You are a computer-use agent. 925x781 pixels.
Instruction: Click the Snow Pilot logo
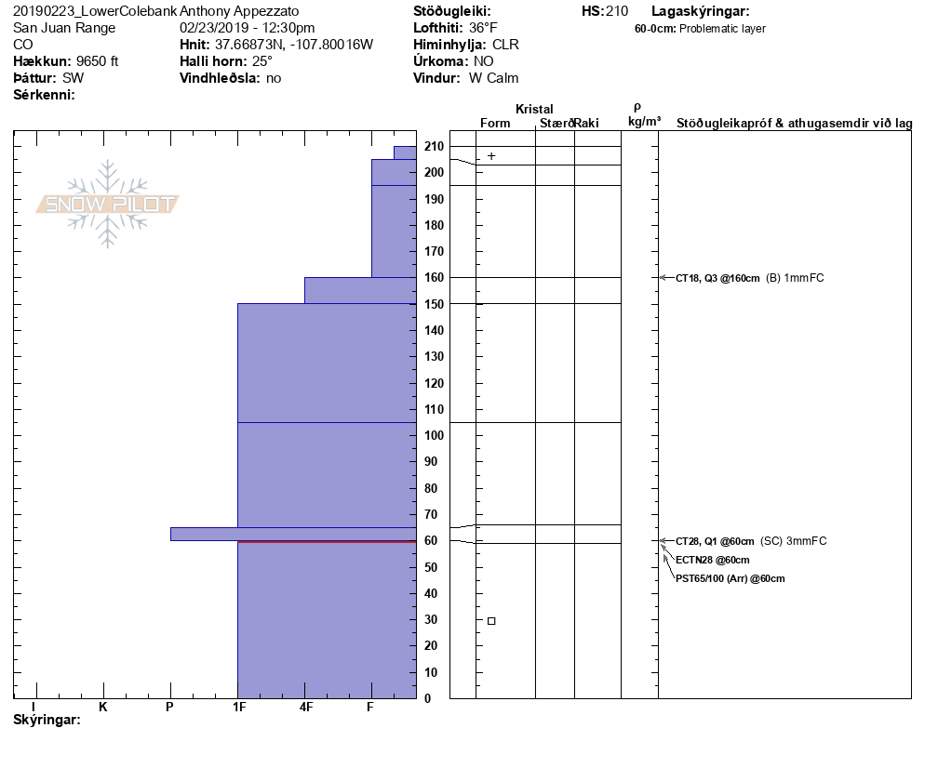tap(108, 205)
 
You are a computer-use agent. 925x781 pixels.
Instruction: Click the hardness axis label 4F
tap(305, 707)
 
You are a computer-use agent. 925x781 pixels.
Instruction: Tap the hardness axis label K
tap(103, 707)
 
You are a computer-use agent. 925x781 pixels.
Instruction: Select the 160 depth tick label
tap(433, 277)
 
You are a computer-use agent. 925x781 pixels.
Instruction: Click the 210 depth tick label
tap(433, 146)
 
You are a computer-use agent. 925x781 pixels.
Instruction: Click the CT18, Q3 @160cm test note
tap(717, 278)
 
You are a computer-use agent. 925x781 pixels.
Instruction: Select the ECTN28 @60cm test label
tap(712, 560)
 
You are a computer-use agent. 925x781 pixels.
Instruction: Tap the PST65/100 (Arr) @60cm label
tap(730, 578)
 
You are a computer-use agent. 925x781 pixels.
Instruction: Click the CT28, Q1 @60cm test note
tap(715, 541)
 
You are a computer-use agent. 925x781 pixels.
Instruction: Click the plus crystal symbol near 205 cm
tap(491, 156)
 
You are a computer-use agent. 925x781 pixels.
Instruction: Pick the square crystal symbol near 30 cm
tap(491, 620)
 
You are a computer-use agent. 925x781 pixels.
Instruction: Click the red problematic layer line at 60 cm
tap(327, 540)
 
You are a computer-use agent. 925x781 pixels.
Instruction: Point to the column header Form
tap(494, 123)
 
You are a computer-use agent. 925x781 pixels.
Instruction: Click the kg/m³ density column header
tap(644, 122)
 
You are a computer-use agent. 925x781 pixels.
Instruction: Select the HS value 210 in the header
tap(617, 11)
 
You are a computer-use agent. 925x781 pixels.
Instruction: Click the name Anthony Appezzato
tap(239, 11)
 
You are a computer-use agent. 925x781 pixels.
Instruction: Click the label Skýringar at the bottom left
tap(47, 720)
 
